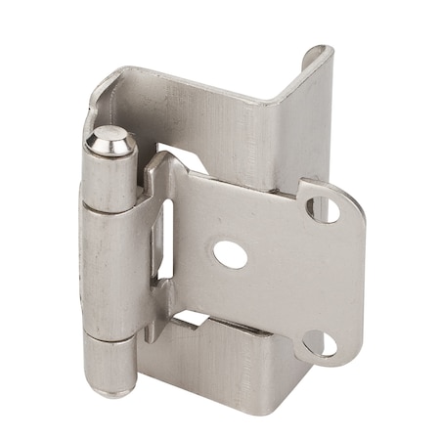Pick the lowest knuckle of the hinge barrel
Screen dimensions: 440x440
tap(110, 362)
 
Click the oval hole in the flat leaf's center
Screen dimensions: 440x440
tap(230, 254)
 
